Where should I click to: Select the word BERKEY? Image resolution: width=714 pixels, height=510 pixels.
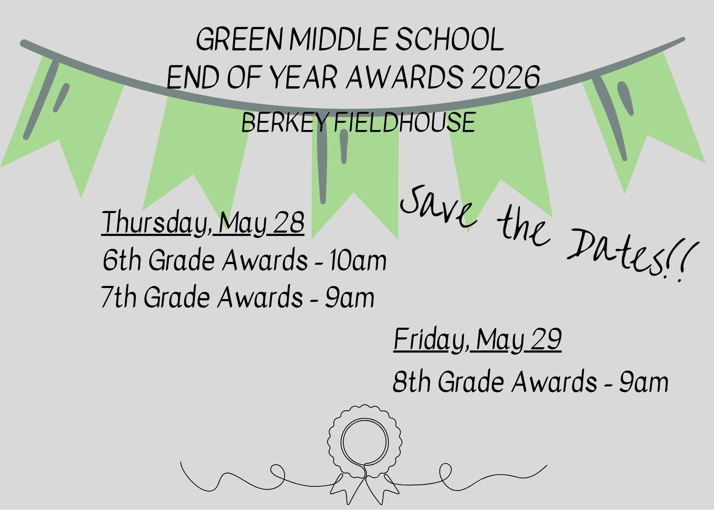coord(284,122)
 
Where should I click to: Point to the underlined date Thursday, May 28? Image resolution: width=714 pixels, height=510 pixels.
coord(203,223)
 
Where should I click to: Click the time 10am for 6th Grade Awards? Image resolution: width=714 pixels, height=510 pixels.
coord(358,260)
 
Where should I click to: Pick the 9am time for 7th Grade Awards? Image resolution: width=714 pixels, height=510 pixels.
coord(349,298)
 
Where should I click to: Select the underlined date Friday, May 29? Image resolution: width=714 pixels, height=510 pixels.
coord(477,340)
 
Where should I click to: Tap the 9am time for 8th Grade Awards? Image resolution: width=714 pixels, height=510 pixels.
coord(643,382)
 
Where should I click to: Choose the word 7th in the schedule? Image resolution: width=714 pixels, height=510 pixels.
coord(119,297)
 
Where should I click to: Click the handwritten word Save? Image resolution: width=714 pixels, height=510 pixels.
coord(438,207)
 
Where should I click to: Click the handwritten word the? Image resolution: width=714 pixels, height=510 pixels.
coord(523,229)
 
